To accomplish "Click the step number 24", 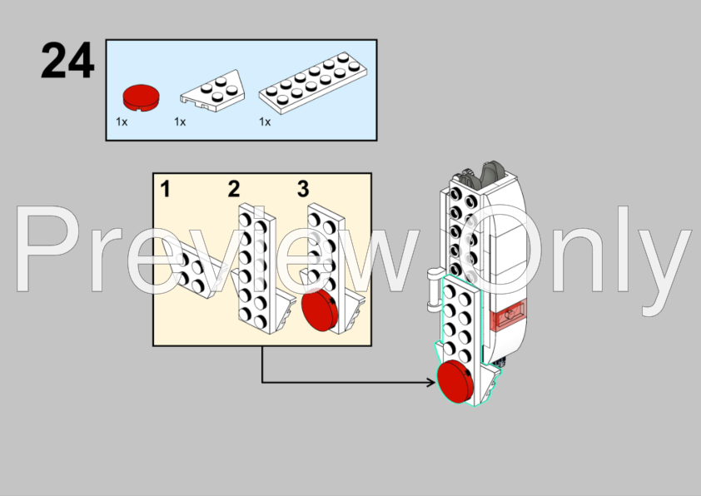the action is coord(67,60).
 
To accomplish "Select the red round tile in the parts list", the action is coord(141,97).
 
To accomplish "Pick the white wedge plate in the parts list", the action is coord(213,91).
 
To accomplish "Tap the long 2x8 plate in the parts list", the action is coord(313,82).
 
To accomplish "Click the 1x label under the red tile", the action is coord(122,122).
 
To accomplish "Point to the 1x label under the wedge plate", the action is coord(180,122).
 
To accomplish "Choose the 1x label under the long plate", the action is coord(265,122).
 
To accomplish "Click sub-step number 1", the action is coord(166,189).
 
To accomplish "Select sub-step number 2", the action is coord(234,189).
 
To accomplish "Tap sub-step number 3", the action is coord(303,189).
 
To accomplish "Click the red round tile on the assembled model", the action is coord(455,382).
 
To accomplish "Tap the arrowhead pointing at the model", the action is coord(431,382).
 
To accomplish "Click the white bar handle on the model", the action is coord(434,290).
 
